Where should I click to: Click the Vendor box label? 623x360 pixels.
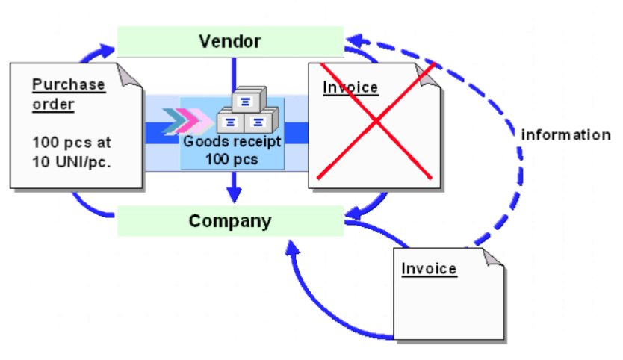229,40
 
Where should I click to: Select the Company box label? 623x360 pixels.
230,221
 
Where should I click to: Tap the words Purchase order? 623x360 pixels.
68,94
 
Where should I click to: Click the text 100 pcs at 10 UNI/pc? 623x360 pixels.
72,152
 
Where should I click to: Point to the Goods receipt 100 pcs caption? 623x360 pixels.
232,152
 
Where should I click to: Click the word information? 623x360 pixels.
565,135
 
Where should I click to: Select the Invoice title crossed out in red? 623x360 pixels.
350,87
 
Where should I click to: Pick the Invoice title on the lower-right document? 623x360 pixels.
429,269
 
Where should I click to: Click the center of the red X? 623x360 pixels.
375,121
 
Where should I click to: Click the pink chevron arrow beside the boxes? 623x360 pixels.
198,120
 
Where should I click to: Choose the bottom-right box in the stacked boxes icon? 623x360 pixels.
258,122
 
